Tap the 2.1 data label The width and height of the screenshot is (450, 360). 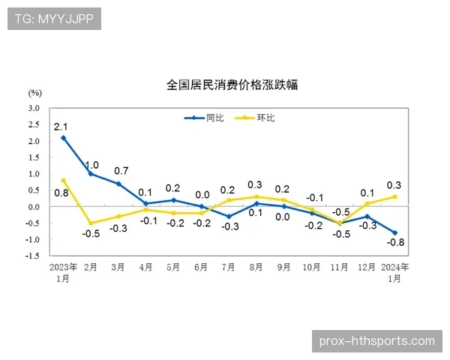61,125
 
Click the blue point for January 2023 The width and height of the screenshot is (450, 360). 63,138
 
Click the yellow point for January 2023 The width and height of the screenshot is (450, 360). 63,180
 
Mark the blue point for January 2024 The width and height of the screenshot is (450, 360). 395,232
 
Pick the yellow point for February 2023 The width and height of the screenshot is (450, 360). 91,223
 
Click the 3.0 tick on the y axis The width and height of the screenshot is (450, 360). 34,108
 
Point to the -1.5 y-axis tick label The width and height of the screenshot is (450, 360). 34,256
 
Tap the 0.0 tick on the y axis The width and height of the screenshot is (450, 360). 34,206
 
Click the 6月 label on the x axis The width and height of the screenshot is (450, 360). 201,267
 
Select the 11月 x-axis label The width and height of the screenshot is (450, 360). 339,267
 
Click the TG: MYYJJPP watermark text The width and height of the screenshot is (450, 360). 53,19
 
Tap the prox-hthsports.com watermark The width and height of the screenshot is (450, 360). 376,341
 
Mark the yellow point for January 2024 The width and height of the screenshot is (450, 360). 395,197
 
